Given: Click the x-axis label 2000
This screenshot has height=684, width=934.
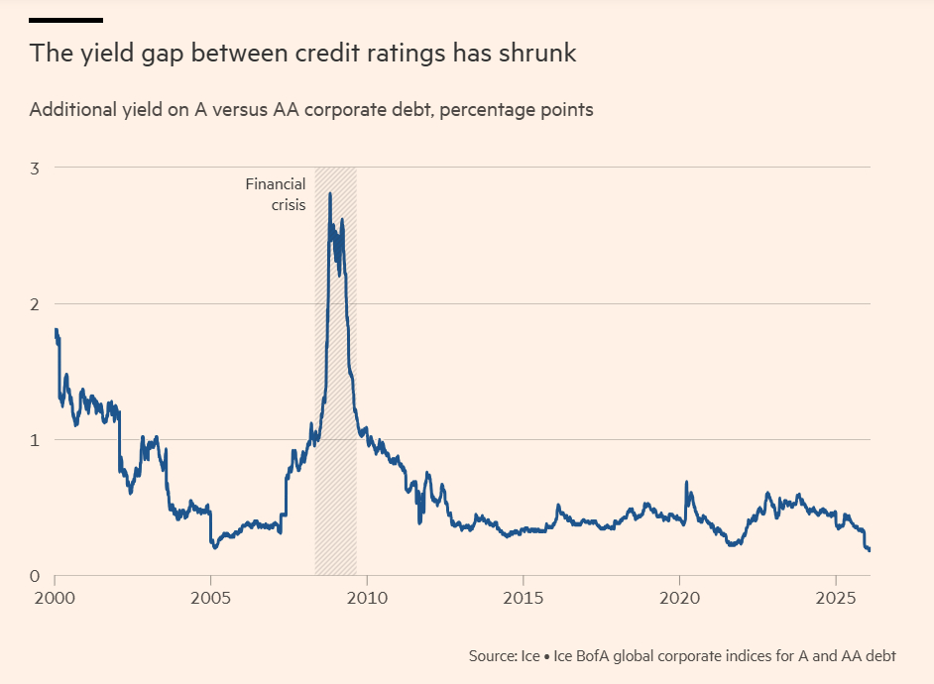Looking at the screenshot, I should pyautogui.click(x=55, y=600).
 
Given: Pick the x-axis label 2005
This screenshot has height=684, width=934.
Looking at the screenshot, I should pyautogui.click(x=210, y=600).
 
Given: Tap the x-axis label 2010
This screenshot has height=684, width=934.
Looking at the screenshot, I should pyautogui.click(x=367, y=600).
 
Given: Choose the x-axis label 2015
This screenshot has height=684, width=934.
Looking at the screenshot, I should pyautogui.click(x=523, y=600).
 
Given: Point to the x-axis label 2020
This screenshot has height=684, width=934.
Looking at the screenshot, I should pyautogui.click(x=679, y=600).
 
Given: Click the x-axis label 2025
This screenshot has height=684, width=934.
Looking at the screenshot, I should pyautogui.click(x=835, y=600).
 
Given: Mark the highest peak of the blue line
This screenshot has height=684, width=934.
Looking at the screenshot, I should pyautogui.click(x=329, y=193).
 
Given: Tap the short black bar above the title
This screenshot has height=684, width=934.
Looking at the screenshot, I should pyautogui.click(x=65, y=20).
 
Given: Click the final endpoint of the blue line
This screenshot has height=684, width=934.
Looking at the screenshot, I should pyautogui.click(x=870, y=550).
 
